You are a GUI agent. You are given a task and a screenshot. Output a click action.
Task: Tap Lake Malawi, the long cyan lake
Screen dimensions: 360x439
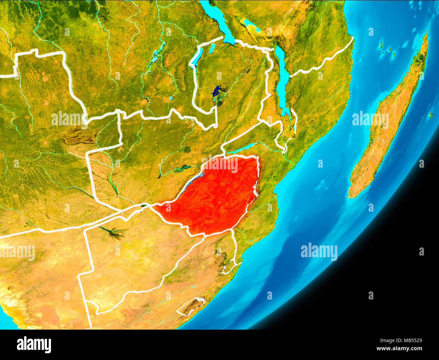point(282,78)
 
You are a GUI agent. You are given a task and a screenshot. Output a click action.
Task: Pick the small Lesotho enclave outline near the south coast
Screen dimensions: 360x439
point(191,306)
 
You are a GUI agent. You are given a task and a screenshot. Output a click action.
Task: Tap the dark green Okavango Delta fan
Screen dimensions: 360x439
point(115,233)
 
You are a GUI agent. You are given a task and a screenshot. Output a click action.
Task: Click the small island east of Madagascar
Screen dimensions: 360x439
point(431,114)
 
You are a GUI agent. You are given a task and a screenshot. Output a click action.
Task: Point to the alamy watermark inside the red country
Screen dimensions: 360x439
point(221,165)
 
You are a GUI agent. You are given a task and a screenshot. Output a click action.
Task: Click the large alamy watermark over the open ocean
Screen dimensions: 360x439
point(319,251)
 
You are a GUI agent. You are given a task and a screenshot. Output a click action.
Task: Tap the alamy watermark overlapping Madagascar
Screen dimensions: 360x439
point(370,119)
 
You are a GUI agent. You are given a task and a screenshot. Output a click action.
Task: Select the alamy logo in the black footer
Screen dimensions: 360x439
point(34,345)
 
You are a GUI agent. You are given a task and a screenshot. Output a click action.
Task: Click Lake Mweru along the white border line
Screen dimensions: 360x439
point(197,57)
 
